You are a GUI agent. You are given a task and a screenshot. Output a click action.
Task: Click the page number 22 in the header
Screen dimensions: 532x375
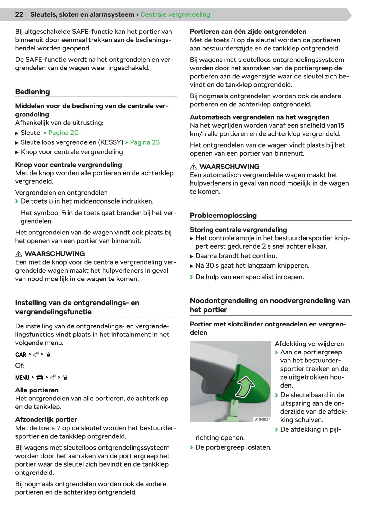click(19, 14)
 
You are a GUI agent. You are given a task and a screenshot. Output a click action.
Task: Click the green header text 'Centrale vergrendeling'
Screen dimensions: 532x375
click(175, 14)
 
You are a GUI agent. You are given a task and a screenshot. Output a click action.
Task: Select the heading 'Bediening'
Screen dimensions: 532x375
click(32, 92)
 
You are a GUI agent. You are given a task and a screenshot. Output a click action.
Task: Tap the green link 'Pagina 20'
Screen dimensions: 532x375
click(63, 133)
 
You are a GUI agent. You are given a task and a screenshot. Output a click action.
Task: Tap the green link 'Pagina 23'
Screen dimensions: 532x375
click(144, 142)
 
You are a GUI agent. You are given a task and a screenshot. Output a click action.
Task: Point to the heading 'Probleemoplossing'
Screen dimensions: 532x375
click(223, 215)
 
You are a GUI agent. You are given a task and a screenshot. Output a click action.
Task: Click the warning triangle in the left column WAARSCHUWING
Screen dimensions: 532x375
click(19, 254)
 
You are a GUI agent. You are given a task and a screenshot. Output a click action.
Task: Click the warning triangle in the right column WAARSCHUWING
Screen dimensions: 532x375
click(193, 167)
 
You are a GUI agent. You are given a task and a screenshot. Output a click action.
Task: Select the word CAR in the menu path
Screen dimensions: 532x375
click(21, 354)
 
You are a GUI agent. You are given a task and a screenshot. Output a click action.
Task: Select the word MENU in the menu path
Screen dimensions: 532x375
click(22, 377)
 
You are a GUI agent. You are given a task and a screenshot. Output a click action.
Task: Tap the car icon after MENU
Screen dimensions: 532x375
click(40, 377)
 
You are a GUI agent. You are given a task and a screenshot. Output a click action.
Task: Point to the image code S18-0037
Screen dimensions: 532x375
click(262, 419)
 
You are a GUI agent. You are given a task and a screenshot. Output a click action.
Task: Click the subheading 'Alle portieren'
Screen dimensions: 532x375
click(37, 390)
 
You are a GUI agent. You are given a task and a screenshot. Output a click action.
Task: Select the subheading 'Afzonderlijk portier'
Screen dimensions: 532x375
click(46, 419)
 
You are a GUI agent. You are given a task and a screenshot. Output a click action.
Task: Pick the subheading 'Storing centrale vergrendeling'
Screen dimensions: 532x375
click(238, 230)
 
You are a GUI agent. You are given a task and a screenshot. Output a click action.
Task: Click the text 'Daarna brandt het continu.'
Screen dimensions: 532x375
click(236, 256)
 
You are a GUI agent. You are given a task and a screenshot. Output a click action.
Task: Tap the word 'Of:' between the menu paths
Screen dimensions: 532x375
click(20, 366)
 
